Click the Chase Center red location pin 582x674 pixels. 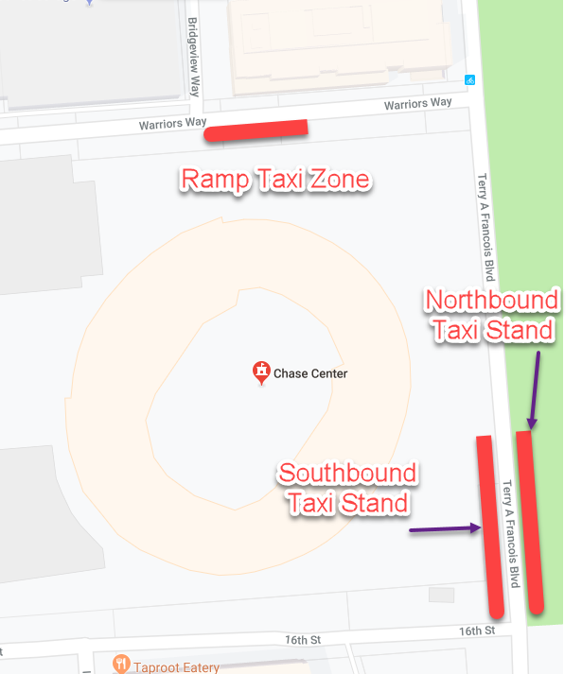tap(260, 372)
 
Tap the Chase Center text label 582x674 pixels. tap(310, 373)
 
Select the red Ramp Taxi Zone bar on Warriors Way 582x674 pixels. tap(256, 130)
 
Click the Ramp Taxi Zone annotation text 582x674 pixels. tap(274, 180)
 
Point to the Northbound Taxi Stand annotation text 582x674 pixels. tap(492, 316)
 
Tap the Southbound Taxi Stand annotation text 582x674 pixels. tap(347, 488)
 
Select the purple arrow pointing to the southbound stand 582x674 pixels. tap(446, 529)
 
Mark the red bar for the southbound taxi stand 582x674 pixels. tap(489, 525)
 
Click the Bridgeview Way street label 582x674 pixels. tap(194, 57)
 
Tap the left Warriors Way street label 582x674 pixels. tap(172, 124)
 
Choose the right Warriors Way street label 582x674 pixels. tap(417, 104)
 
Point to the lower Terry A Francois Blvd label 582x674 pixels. tap(511, 534)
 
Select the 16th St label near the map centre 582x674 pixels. tap(303, 640)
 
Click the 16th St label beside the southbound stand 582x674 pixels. tap(477, 631)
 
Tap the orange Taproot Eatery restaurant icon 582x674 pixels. tap(120, 665)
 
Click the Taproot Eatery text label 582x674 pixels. tap(177, 667)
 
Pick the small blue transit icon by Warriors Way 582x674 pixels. tap(470, 79)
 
